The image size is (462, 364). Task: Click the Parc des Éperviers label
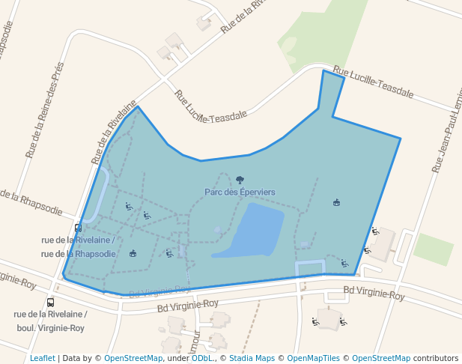pos(240,192)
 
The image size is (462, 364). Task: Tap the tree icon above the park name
pos(240,180)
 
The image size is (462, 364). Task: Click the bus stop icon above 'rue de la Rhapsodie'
pos(78,228)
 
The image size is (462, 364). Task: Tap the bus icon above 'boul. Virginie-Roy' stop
pos(50,303)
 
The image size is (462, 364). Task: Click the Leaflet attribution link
pos(42,358)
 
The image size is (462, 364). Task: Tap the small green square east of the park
pos(434,249)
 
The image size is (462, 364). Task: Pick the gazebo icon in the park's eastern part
pos(336,202)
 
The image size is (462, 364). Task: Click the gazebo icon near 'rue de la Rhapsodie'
pos(133,253)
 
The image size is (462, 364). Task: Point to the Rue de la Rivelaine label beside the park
pos(115,133)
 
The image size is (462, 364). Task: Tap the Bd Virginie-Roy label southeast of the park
pos(374,292)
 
